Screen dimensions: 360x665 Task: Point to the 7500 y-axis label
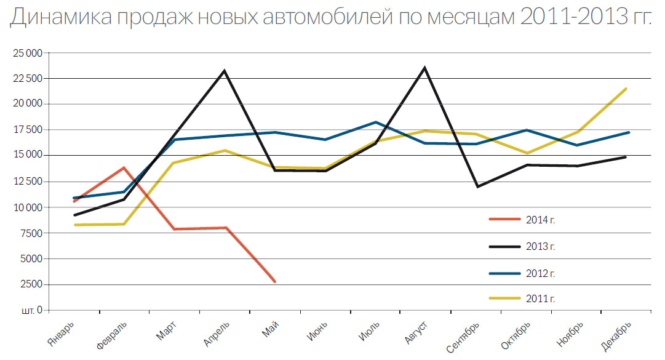[31, 233]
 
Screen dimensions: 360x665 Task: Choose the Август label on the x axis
[413, 332]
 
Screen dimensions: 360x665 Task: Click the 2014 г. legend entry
[541, 219]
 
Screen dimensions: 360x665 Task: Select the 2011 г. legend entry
[541, 298]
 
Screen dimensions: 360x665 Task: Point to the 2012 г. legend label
[541, 273]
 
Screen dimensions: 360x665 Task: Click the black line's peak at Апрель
[225, 71]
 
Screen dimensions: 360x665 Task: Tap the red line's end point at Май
[274, 282]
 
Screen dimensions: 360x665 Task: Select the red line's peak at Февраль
[124, 167]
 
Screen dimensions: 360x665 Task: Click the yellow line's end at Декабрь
[626, 89]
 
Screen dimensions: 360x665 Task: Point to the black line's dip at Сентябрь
[477, 186]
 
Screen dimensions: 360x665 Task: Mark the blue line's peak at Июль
[376, 122]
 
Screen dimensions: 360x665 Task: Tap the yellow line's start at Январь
[74, 225]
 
